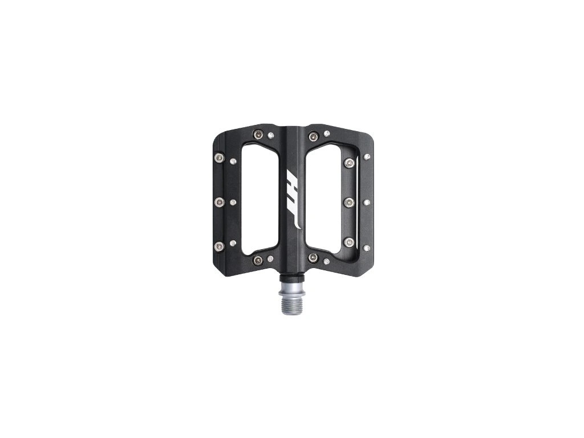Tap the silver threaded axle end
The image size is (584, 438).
[x=292, y=298]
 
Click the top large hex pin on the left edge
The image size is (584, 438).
[x=220, y=158]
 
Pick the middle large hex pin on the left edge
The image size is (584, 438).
[x=220, y=202]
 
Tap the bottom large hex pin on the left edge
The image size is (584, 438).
[x=220, y=246]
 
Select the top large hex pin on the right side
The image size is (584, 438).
[x=350, y=163]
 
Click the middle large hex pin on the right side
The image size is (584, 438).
[x=350, y=202]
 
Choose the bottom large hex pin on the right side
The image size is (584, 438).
[x=350, y=242]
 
